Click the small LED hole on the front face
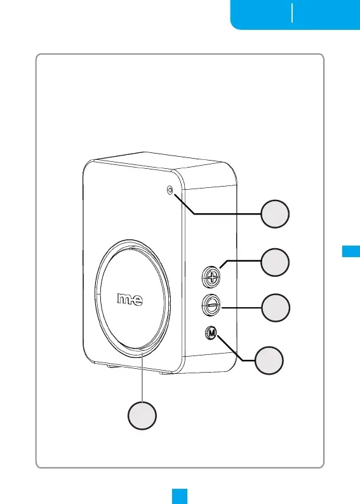(170, 190)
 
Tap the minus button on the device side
(211, 305)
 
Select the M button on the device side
(211, 333)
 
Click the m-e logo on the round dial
(130, 299)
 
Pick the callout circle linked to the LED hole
(275, 214)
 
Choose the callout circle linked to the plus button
(275, 262)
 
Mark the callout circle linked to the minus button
(276, 308)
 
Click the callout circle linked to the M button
(269, 361)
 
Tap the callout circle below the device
(142, 415)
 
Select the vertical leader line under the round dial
(142, 376)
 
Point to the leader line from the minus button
(241, 308)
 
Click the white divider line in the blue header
(292, 13)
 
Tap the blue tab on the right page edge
(351, 251)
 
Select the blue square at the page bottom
(180, 496)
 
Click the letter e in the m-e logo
(138, 300)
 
